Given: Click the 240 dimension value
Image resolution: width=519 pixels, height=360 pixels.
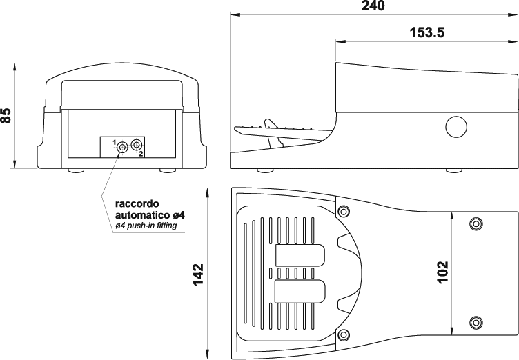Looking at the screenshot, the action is point(373,6).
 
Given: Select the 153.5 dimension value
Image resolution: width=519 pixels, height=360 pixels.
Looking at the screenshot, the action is point(427,32).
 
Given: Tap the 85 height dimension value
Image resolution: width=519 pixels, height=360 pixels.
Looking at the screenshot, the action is point(6,115).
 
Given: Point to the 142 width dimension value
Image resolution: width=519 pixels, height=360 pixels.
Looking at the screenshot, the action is point(198,274).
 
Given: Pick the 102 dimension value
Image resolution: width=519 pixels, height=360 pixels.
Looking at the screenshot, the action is point(443,272).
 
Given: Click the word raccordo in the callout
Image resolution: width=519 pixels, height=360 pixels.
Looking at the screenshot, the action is point(137,203).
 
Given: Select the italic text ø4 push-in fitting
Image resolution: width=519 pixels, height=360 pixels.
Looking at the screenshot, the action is point(146,226).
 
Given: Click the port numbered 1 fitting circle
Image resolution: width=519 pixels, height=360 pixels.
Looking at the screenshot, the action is point(122,147).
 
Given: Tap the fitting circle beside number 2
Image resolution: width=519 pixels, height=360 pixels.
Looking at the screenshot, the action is point(137,144).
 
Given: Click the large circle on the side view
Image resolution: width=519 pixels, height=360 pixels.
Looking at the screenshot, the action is point(456,127).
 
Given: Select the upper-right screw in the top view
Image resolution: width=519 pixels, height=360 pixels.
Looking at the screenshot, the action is point(476,224).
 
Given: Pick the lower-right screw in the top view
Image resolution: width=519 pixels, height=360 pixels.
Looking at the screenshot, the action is point(476,322).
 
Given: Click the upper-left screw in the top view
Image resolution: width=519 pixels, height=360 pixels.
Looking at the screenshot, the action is point(344,211).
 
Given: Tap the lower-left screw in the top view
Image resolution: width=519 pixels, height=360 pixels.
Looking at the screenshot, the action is point(344,334).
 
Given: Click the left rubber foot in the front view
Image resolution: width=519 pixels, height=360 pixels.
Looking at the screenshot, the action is point(76,170).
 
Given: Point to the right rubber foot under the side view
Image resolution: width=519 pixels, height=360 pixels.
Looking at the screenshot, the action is point(454,170).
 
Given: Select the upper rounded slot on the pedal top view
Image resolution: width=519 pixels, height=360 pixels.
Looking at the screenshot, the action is point(300,255).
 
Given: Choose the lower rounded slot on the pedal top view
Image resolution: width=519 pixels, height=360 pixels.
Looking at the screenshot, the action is point(300,292).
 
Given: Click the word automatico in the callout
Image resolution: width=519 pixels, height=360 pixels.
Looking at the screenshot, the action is point(143,215).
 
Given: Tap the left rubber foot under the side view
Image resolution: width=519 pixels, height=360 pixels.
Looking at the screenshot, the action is point(266,170).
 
